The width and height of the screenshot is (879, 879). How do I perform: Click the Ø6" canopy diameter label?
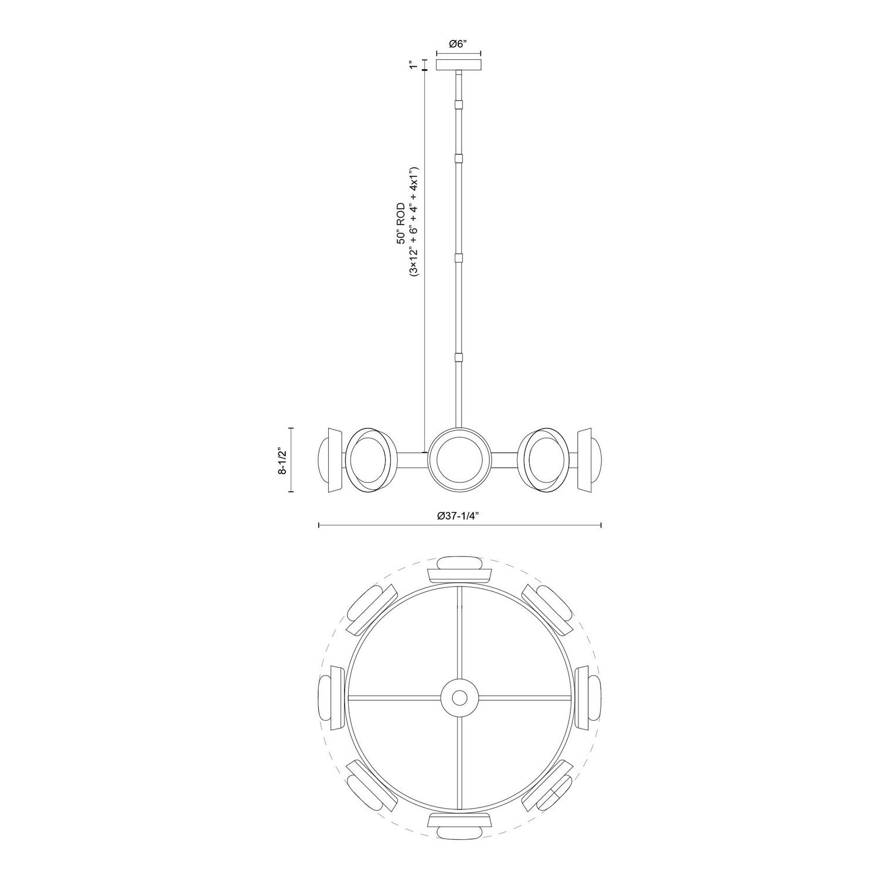459,43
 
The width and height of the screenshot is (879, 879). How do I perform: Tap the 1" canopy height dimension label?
414,64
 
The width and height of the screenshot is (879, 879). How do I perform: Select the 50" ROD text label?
401,223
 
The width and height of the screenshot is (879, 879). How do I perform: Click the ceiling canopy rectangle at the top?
459,64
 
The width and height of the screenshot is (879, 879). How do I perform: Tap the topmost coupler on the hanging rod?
459,105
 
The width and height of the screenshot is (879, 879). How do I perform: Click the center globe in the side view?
459,460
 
